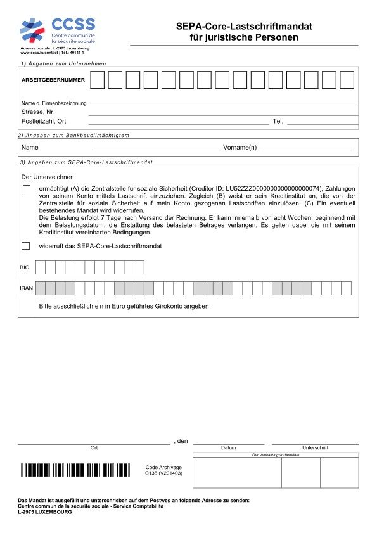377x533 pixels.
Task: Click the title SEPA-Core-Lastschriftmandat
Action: (x=244, y=27)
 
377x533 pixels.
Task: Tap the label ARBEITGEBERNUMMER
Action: (x=53, y=80)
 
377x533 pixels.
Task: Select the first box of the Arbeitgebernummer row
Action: (x=97, y=80)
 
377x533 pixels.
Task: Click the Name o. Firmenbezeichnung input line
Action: (x=222, y=102)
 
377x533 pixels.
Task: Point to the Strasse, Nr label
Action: (x=37, y=112)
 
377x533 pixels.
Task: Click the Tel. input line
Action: (x=321, y=120)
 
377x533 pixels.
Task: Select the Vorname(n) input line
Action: (x=307, y=148)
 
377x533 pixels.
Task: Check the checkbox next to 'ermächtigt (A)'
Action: (x=26, y=189)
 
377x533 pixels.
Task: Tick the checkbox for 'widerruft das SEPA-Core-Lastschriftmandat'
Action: (x=26, y=245)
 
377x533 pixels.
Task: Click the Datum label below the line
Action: (x=228, y=448)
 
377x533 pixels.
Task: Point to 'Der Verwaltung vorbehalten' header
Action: (x=276, y=455)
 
